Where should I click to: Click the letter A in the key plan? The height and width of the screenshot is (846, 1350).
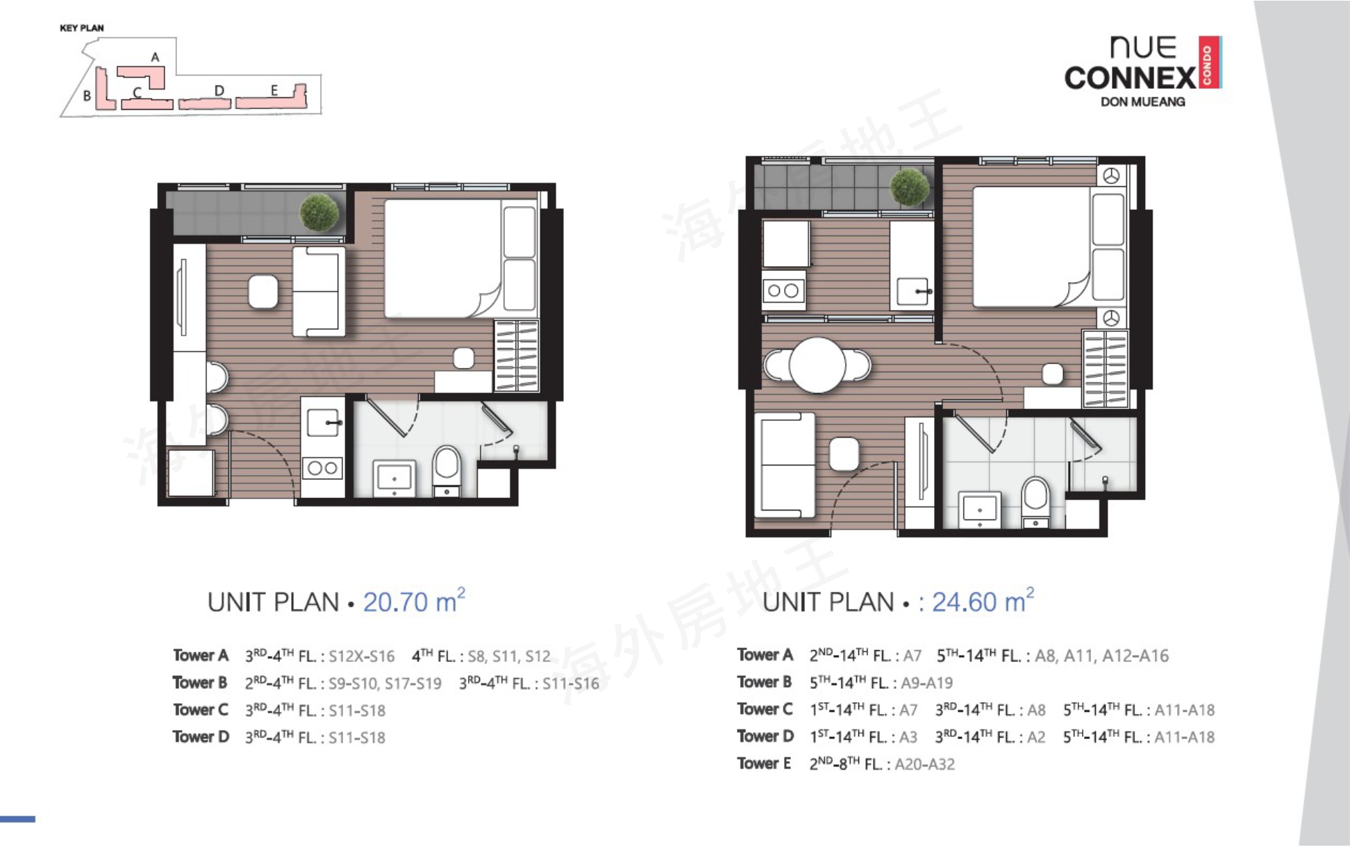coord(155,57)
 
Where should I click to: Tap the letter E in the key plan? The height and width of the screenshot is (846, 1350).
coord(274,90)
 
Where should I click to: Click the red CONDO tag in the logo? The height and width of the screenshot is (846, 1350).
coord(1209,62)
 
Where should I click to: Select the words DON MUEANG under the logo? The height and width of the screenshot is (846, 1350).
coord(1142,101)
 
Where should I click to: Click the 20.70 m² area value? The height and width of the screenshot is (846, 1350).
coord(414,601)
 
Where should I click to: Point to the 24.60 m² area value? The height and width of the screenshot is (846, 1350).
coord(983,601)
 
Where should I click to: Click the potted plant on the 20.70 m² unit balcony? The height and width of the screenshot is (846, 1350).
coord(320,213)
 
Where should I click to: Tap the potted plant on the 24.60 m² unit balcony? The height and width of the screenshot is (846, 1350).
coord(910,187)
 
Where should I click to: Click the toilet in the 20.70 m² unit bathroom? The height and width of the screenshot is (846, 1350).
coord(447,471)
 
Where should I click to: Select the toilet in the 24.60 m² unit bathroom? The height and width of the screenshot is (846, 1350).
coord(1035,502)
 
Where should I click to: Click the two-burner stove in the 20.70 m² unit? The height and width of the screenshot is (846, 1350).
coord(322,468)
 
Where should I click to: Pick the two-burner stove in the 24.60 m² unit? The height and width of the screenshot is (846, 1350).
coord(783,290)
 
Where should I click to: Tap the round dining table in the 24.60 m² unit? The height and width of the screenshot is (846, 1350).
coord(817,365)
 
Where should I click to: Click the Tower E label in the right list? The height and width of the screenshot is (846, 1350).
coord(764,763)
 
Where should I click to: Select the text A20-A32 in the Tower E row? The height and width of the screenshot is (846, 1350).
coord(924,764)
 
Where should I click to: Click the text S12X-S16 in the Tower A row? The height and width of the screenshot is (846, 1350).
coord(361,656)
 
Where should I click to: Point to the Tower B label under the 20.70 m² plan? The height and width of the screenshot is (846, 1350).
coord(200,683)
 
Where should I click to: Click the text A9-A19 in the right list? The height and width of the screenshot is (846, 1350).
coord(926,683)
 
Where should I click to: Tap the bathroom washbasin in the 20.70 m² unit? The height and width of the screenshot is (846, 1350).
coord(394,479)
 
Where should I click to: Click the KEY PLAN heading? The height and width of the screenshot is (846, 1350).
coord(82,28)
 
